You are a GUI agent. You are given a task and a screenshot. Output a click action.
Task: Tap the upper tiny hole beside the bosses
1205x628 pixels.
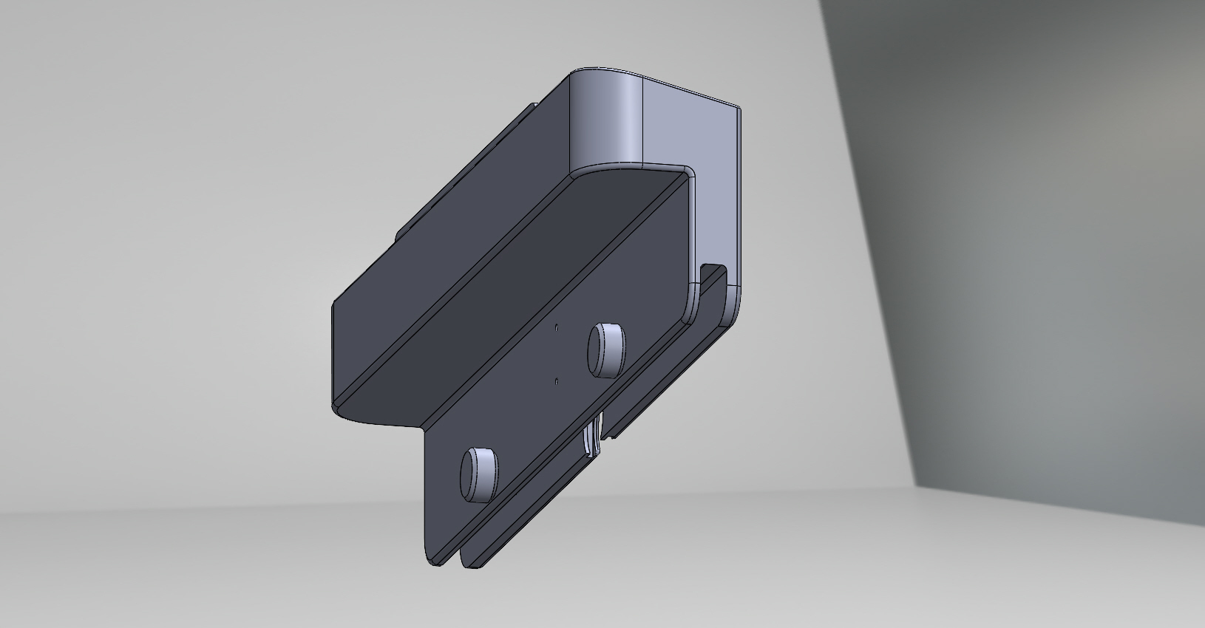pyautogui.click(x=557, y=326)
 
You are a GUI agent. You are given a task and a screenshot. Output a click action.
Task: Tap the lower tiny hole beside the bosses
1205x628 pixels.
pyautogui.click(x=555, y=381)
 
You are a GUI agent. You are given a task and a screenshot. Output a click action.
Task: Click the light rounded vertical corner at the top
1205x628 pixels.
pyautogui.click(x=609, y=118)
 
